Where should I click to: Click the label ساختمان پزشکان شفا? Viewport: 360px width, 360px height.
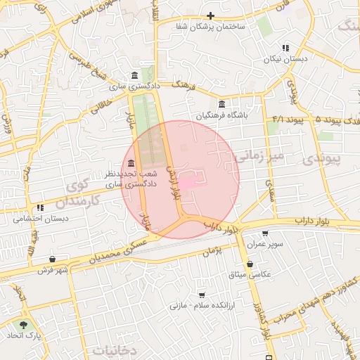pos(210,26)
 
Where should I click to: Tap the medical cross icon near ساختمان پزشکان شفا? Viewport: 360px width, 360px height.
pos(210,15)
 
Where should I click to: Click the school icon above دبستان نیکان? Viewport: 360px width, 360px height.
pos(285,47)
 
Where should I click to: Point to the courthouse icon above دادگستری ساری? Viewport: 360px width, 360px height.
pos(134,75)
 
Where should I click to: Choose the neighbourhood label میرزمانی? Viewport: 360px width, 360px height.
pos(261,154)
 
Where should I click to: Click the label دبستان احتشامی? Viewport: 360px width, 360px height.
pos(40,219)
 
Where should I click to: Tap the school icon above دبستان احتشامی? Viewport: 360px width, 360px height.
pos(40,207)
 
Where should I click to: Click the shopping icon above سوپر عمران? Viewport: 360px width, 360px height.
pos(265,234)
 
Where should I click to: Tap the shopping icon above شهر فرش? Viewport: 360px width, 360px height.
pos(53,259)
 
